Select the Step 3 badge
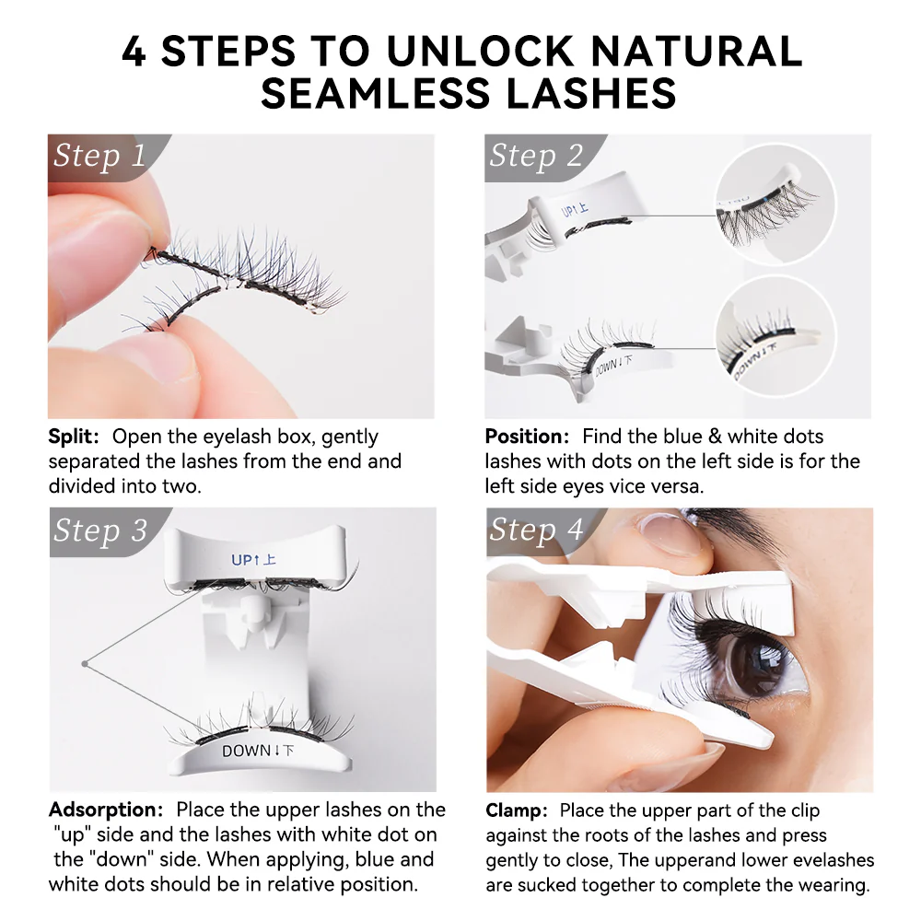(x=99, y=530)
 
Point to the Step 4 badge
(x=536, y=530)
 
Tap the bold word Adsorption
(x=105, y=810)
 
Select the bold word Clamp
(x=517, y=810)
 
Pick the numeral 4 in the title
(x=134, y=52)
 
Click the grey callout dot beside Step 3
(x=83, y=662)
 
